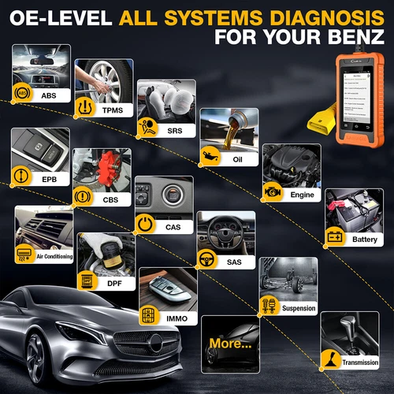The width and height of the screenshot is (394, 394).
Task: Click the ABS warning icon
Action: tap(24, 93)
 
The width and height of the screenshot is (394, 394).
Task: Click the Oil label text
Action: tap(237, 158)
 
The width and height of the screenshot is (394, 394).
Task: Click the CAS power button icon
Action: tap(144, 225)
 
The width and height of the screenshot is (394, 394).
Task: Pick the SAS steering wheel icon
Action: tap(207, 257)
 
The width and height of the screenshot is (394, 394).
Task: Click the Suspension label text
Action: tap(299, 309)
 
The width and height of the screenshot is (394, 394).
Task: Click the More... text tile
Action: tap(229, 344)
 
